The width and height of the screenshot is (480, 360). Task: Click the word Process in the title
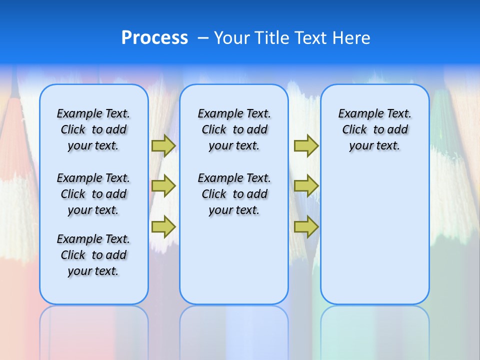[x=154, y=38]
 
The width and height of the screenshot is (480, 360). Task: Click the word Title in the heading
[x=272, y=38]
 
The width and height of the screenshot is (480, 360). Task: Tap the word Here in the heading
[x=352, y=38]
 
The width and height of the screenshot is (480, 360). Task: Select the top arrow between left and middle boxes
[x=163, y=145]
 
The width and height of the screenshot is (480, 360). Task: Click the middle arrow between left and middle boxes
[x=163, y=186]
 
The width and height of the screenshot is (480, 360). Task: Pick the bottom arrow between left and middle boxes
[x=163, y=227]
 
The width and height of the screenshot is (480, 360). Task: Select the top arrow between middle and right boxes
[x=306, y=145]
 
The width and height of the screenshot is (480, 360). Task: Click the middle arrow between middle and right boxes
[x=306, y=186]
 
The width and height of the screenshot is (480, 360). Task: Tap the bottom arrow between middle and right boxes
[x=306, y=227]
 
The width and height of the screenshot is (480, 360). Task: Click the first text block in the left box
[x=93, y=129]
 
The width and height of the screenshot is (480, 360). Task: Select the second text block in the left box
[x=93, y=194]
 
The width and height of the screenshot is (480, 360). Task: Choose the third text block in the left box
[x=93, y=255]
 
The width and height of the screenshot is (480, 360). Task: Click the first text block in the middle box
[x=234, y=129]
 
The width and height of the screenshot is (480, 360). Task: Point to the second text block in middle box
[x=234, y=194]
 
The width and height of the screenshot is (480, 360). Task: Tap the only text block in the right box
[x=375, y=129]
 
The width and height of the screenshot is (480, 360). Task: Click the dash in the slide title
[x=203, y=38]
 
